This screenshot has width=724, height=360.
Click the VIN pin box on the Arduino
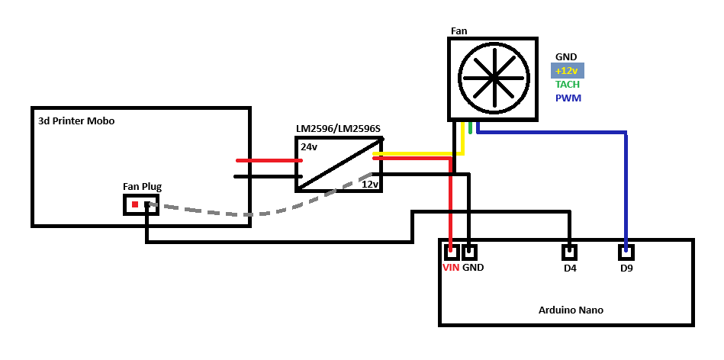point(451,252)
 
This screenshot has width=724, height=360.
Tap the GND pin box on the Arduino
point(469,252)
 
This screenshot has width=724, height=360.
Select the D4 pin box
point(569,252)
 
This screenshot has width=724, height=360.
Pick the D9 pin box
point(626,252)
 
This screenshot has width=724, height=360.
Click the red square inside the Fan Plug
point(135,204)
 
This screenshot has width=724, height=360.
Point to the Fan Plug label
point(142,187)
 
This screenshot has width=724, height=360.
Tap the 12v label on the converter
point(370,184)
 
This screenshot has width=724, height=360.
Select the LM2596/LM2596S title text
point(338,129)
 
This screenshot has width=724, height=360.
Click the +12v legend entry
point(568,71)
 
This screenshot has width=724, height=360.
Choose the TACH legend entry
point(568,85)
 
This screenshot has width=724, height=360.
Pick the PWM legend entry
point(568,98)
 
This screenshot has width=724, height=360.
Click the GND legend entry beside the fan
point(566,56)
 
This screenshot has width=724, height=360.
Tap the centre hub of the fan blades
point(493,78)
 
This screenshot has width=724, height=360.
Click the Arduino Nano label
point(571,310)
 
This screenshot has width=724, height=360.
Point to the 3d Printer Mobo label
point(76,121)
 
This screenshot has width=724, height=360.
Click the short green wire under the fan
point(470,127)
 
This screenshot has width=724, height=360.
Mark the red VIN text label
point(451,267)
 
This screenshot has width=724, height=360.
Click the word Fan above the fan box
point(459,31)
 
